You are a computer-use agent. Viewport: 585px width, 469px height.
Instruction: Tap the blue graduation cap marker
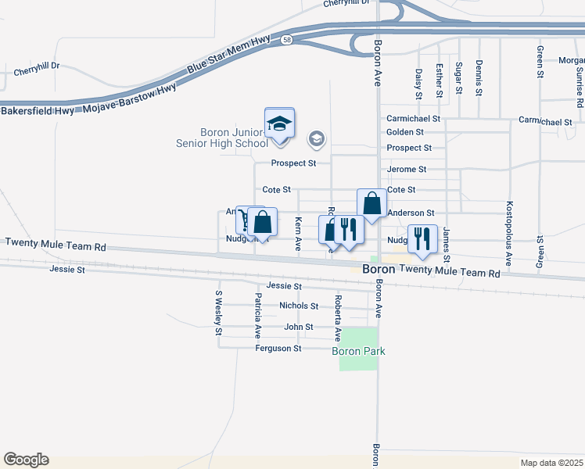click(x=279, y=124)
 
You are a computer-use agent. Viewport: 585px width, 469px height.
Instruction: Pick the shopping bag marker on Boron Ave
click(x=371, y=204)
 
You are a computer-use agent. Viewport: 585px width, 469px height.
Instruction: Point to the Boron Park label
click(x=359, y=351)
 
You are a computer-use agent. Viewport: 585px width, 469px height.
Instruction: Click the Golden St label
click(x=404, y=133)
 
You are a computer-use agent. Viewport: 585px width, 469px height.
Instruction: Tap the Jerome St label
click(x=407, y=169)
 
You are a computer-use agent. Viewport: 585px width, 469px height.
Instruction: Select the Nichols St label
click(x=299, y=306)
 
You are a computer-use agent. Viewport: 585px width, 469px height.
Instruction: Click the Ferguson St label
click(x=278, y=349)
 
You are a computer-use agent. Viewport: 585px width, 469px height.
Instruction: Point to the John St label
click(x=299, y=328)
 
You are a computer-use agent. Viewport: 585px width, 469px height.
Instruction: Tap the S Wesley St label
click(x=218, y=313)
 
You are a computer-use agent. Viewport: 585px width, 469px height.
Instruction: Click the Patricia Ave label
click(x=257, y=316)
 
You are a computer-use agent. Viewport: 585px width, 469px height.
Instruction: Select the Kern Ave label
click(x=298, y=234)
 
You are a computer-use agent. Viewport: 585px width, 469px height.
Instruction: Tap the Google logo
click(x=26, y=460)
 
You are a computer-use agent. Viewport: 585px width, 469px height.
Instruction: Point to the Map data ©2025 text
click(x=551, y=463)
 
